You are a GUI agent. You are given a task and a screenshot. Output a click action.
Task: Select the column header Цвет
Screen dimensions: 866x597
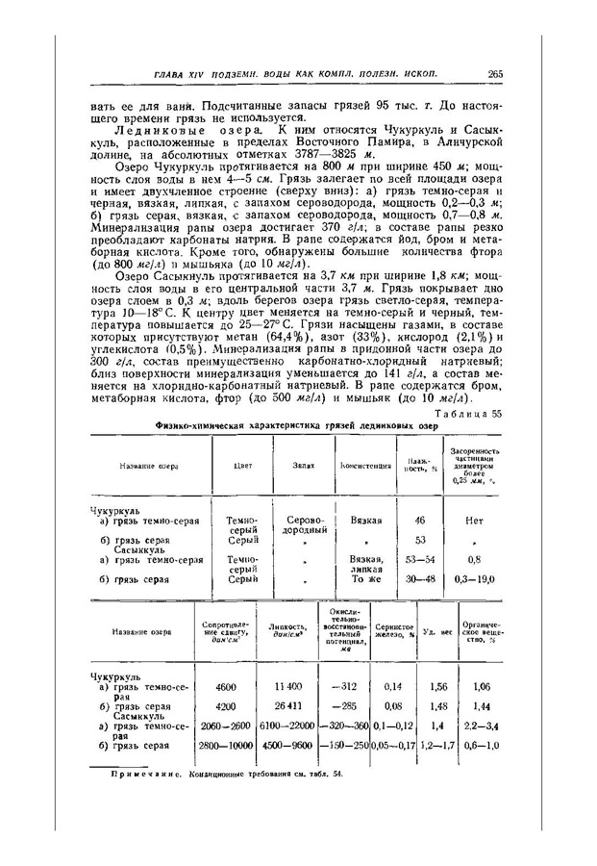(242, 465)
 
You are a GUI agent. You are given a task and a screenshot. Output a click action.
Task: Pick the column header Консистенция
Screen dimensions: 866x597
(362, 465)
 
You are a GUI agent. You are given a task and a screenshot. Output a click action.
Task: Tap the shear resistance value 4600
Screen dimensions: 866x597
(226, 687)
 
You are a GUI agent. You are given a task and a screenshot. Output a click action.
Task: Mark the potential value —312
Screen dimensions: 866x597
(343, 687)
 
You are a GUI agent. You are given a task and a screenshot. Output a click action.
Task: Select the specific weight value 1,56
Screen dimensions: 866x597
(438, 687)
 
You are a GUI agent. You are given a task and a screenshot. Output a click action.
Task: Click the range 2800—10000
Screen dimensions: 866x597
(226, 745)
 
